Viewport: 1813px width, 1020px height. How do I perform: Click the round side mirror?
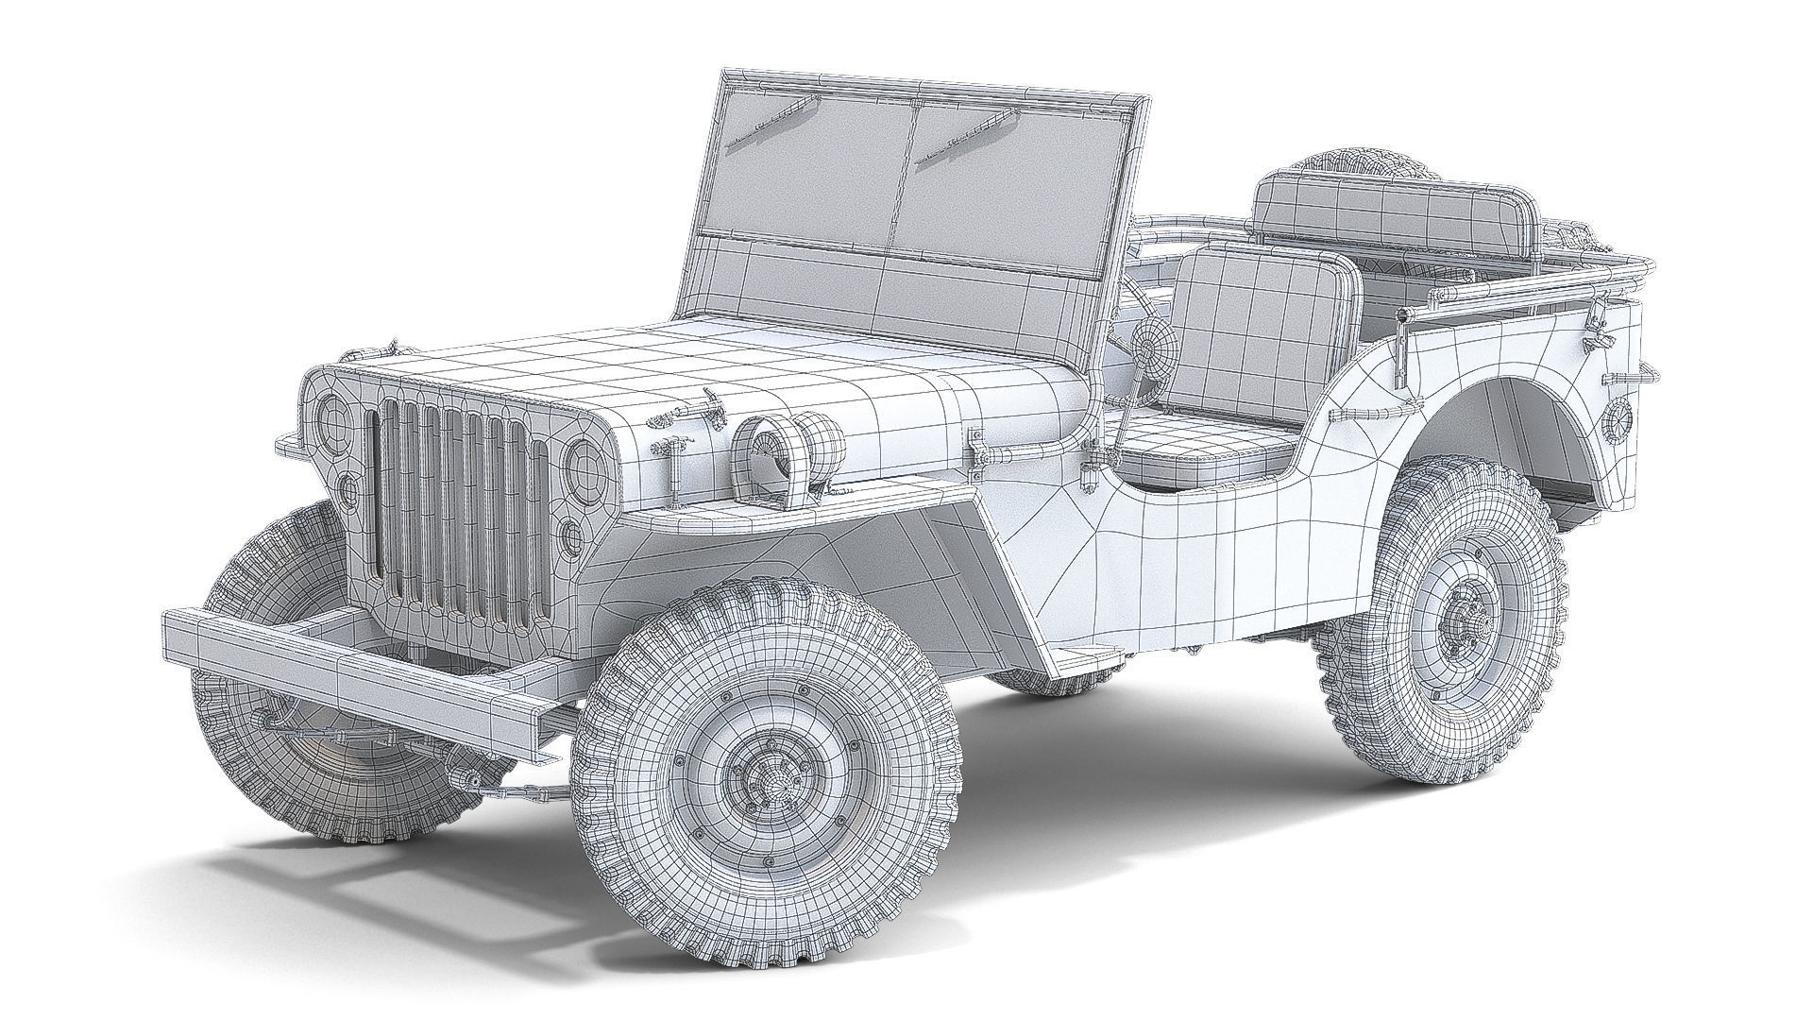click(1153, 344)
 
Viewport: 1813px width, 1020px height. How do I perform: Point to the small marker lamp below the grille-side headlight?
click(571, 535)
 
